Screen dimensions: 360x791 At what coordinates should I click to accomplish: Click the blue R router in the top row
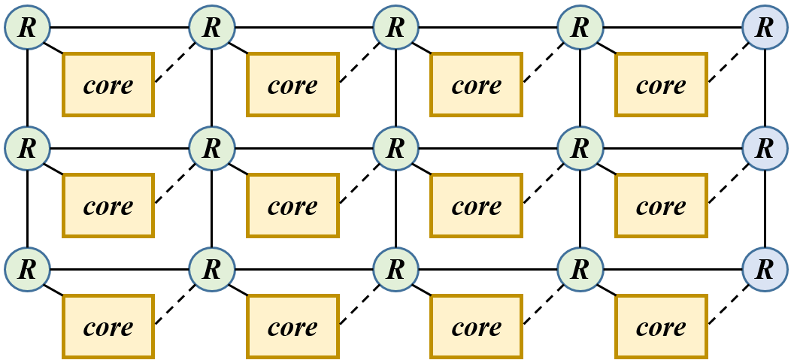765,28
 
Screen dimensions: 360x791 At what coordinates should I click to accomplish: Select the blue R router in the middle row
765,148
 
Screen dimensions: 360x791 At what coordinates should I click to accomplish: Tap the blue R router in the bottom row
765,269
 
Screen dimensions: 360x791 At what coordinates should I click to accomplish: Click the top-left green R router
27,28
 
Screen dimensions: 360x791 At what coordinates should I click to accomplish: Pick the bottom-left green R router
27,269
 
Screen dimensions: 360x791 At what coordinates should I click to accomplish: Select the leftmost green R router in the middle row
27,148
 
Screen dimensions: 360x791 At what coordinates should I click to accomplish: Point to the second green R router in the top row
212,28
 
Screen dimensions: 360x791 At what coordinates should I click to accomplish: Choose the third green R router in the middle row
395,148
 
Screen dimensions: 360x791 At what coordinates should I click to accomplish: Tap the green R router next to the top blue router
580,28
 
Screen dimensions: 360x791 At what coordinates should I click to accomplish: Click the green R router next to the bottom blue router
580,269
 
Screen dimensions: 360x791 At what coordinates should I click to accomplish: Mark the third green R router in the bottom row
395,269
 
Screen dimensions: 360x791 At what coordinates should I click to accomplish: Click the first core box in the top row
108,85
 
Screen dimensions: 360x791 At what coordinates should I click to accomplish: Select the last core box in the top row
661,85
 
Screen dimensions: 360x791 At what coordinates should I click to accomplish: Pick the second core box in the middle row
292,206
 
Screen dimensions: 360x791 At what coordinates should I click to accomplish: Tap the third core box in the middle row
476,206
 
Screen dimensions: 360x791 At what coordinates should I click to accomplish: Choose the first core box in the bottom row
108,327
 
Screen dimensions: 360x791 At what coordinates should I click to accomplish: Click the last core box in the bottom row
661,327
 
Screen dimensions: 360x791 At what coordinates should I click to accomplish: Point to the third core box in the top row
476,85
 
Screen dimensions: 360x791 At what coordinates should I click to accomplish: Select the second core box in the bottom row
292,327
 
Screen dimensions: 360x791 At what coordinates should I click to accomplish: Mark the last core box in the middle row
661,206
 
